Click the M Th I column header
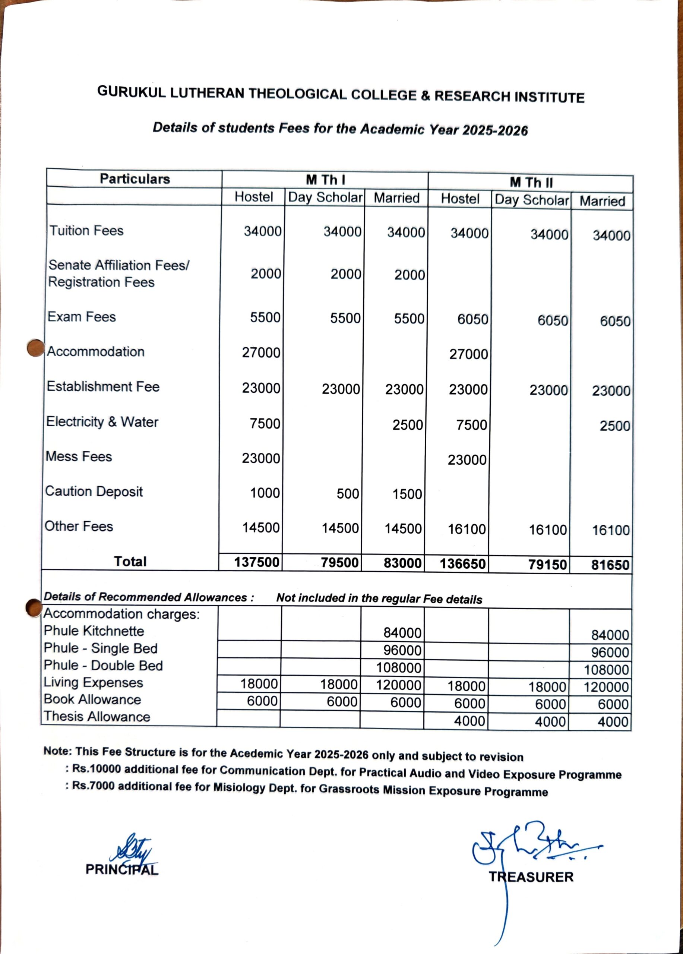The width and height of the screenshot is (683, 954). [x=325, y=180]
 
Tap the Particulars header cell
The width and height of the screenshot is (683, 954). [x=135, y=179]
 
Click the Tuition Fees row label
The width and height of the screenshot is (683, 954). [x=86, y=231]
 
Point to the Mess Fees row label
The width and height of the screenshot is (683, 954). [x=79, y=457]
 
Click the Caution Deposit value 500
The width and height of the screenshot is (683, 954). [x=348, y=493]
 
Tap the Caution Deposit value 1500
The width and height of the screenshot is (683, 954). [x=407, y=494]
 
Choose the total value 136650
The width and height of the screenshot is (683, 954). [x=463, y=564]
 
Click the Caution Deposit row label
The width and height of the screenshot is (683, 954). [x=94, y=491]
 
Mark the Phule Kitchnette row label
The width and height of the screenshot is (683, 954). [x=94, y=631]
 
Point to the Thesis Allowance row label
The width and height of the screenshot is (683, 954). [x=97, y=716]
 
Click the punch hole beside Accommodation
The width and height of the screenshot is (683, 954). [x=35, y=348]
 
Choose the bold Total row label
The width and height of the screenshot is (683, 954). [x=130, y=561]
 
